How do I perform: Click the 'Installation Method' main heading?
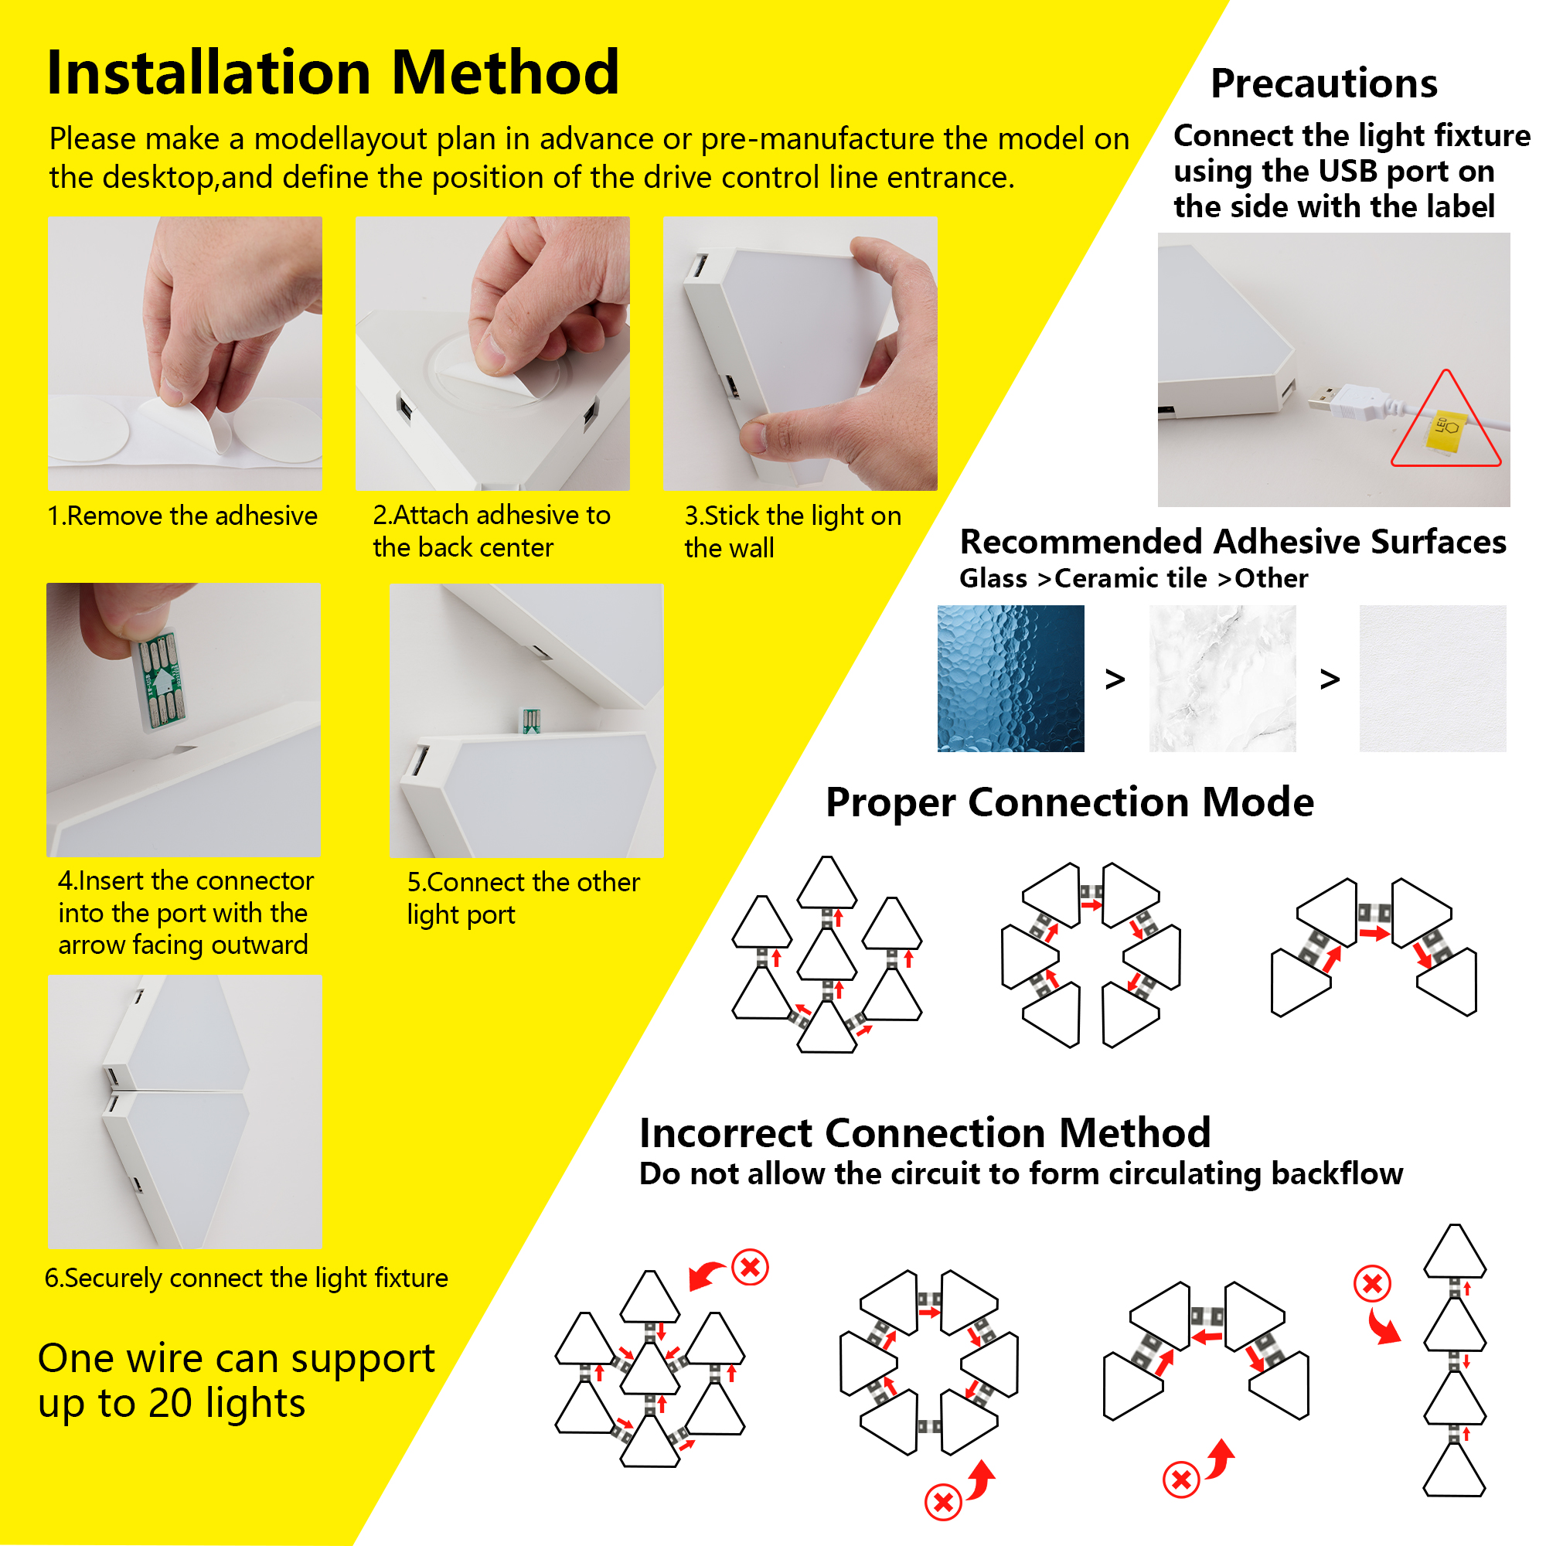(333, 73)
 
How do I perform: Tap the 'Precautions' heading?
(1323, 83)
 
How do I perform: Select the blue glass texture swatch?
(1010, 678)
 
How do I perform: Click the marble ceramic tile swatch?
(1222, 678)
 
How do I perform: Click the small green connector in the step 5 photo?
(530, 720)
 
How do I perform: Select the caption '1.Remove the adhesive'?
(182, 516)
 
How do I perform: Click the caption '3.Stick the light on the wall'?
(792, 531)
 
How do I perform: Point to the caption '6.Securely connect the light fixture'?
(247, 1278)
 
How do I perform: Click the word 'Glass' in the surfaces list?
(993, 578)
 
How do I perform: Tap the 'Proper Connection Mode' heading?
(1069, 802)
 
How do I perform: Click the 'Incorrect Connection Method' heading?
(925, 1133)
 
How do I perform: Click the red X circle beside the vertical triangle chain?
(1372, 1284)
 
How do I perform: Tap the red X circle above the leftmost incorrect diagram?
(750, 1268)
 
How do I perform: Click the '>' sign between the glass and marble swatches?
(1115, 679)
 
